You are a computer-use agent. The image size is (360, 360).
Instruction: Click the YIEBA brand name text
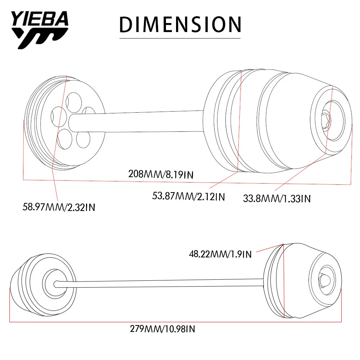pos(40,19)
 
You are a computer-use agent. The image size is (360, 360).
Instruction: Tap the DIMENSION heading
pos(180,24)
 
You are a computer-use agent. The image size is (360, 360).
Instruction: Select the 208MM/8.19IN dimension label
pos(161,174)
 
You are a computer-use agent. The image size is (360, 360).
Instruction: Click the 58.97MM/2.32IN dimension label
pos(59,207)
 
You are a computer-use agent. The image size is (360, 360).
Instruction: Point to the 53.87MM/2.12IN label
pos(189,197)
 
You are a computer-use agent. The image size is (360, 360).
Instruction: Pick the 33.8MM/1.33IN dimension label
pos(277,198)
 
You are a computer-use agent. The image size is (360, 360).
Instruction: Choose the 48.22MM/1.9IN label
pos(220,254)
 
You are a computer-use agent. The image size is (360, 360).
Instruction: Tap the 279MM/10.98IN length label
pos(163,329)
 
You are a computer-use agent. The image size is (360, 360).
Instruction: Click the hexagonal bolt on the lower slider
pos(324,280)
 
